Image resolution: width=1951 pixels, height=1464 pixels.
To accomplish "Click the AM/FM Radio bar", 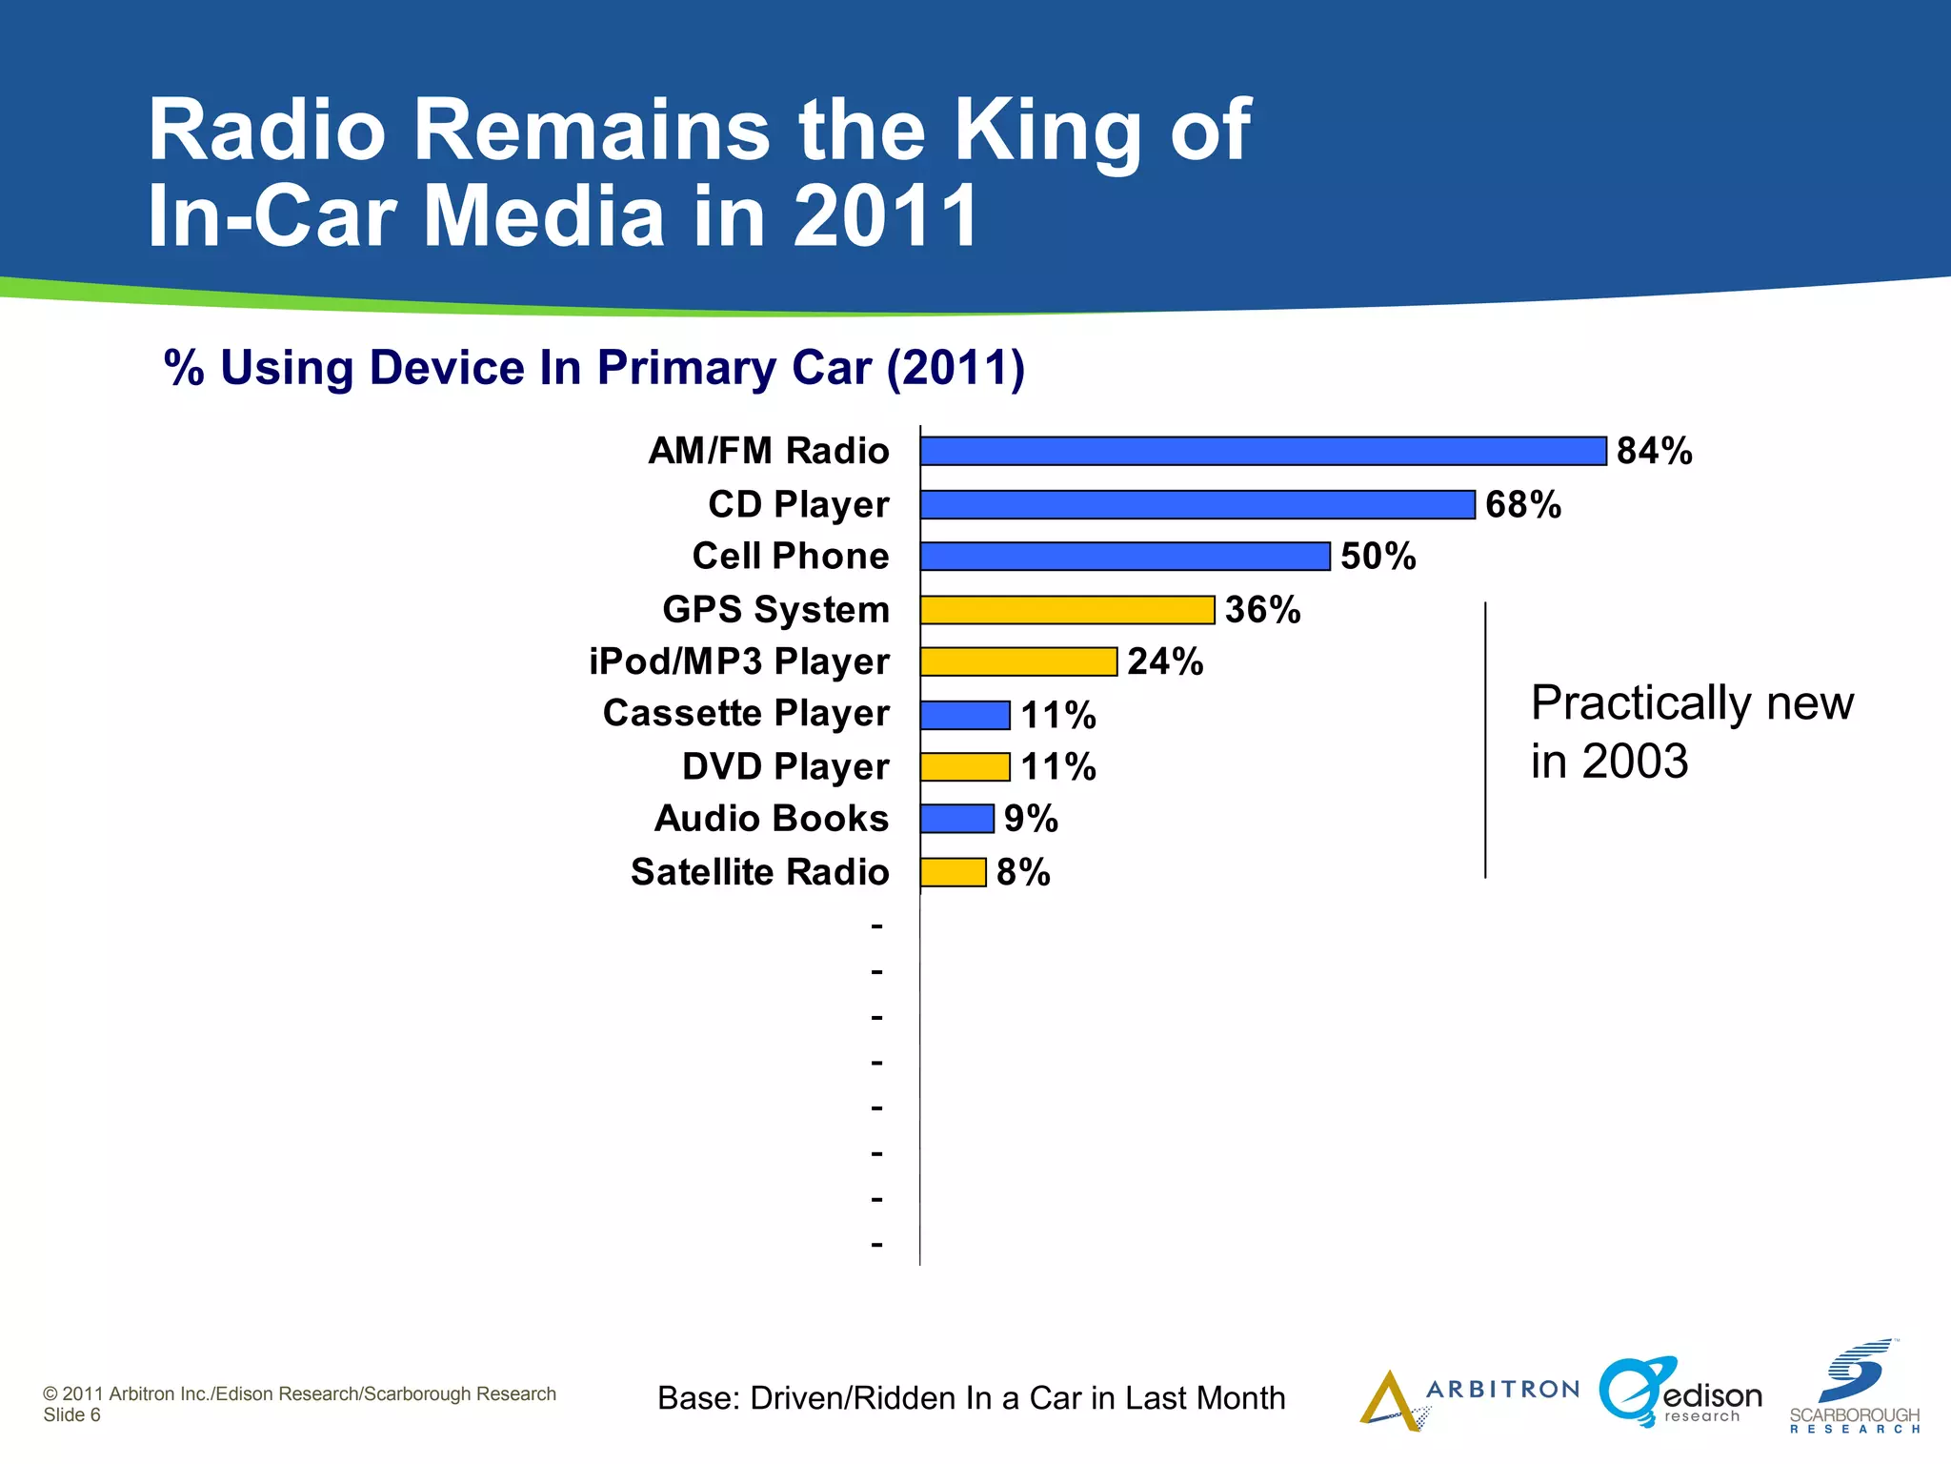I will point(1263,451).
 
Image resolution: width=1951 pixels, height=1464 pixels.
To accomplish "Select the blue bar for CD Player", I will point(1197,504).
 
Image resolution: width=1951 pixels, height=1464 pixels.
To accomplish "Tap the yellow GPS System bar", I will point(1067,610).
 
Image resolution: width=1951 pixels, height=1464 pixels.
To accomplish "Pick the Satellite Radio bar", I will point(953,872).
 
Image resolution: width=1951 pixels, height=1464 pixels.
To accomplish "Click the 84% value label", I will point(1655,451).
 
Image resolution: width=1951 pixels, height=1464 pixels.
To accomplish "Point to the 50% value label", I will point(1378,557).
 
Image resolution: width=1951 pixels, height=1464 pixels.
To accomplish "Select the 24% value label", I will point(1165,661).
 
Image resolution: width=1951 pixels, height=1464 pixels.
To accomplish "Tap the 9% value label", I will point(1031,819).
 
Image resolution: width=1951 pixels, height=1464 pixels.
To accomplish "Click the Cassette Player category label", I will point(746,714).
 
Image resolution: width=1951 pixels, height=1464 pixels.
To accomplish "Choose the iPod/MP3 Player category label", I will point(739,661).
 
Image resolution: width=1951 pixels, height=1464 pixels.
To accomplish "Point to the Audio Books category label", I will point(771,819).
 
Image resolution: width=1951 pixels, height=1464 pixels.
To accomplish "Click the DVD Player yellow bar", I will point(965,767).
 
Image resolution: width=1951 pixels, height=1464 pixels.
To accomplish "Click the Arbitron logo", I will point(1467,1397).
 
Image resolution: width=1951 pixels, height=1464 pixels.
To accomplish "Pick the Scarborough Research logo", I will point(1854,1388).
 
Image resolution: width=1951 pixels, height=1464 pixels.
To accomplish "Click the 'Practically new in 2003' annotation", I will point(1692,732).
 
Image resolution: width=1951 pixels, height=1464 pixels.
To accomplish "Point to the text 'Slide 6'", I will point(71,1415).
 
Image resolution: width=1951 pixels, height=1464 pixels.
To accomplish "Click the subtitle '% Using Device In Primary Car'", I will point(593,369).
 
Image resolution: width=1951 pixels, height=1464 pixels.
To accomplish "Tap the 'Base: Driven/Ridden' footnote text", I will point(971,1398).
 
